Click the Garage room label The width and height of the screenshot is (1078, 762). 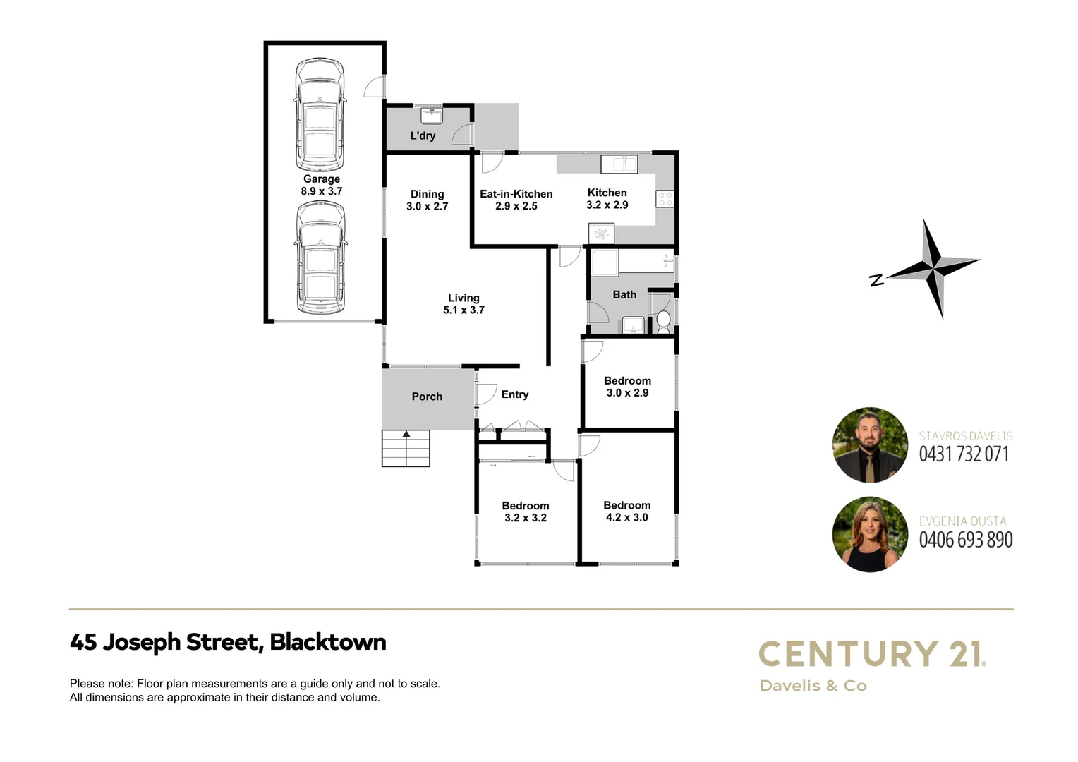click(322, 179)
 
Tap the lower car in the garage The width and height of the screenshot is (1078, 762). click(320, 258)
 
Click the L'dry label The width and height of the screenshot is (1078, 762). click(423, 135)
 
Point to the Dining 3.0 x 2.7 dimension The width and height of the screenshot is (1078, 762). click(428, 207)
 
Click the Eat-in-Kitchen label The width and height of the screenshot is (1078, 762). click(516, 194)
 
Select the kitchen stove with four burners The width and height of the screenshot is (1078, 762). click(665, 199)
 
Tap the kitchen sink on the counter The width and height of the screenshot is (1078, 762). click(619, 164)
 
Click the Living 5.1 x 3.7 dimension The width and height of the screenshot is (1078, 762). click(464, 310)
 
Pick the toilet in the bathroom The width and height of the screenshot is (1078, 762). click(663, 322)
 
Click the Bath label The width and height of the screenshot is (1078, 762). click(624, 294)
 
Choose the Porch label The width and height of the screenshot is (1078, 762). click(427, 397)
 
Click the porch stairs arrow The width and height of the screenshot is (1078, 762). click(406, 435)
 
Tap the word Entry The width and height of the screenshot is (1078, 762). click(515, 394)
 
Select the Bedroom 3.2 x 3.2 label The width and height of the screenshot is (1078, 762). click(526, 512)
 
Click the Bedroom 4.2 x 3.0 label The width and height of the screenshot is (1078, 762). click(627, 511)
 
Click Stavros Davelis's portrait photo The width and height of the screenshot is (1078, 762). click(870, 445)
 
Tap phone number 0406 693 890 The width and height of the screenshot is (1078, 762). click(966, 540)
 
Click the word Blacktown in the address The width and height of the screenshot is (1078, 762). click(328, 642)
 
